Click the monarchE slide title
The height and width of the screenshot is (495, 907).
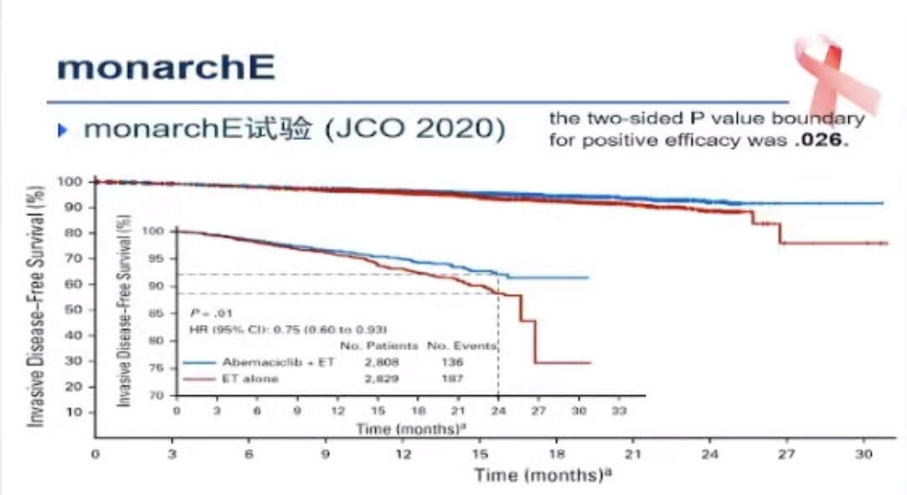[x=166, y=67]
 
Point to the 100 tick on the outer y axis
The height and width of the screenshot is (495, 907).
[x=70, y=181]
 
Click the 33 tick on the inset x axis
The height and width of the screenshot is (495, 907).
[x=620, y=412]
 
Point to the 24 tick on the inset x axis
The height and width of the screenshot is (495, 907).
[x=498, y=412]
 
